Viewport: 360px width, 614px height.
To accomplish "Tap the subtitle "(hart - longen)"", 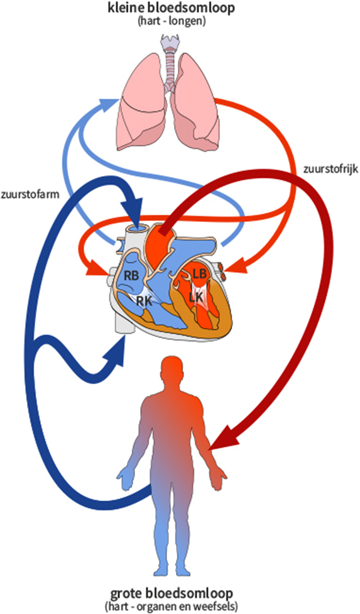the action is pos(172,21).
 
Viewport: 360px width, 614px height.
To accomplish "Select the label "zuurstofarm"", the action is pos(30,195).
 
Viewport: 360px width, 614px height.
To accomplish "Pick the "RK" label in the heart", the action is pos(144,301).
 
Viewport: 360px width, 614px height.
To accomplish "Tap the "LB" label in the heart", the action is pos(199,274).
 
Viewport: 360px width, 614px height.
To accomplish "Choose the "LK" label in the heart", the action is pos(196,298).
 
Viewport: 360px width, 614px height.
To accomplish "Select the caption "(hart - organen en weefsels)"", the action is pos(172,606).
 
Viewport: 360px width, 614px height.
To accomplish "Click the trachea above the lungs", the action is pos(170,65).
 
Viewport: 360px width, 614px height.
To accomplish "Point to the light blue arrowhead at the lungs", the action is pos(109,102).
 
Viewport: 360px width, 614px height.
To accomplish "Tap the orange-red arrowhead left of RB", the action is pos(97,271).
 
